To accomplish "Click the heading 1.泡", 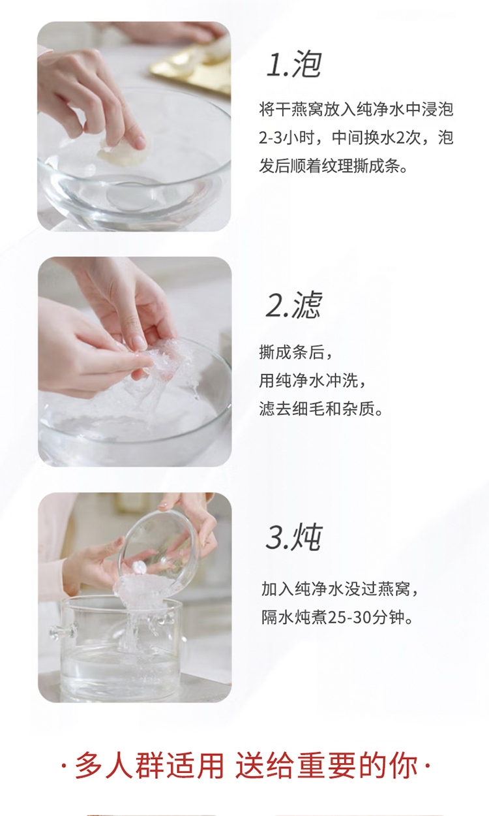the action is pos(294,65).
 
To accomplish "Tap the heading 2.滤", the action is pos(294,305).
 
